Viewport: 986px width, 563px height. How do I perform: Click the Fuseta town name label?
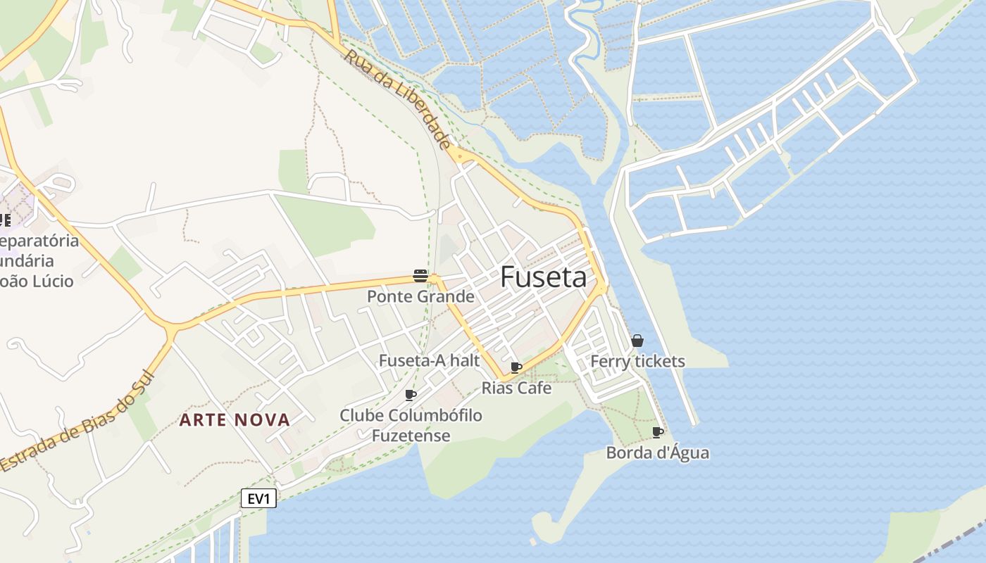point(543,278)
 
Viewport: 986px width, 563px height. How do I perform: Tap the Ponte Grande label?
point(420,296)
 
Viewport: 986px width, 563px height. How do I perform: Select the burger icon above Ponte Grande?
point(420,276)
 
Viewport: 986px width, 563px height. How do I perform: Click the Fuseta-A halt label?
point(429,361)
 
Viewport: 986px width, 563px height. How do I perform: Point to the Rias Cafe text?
point(516,388)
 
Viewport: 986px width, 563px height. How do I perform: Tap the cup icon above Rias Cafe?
point(516,367)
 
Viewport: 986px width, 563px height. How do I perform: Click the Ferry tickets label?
point(637,362)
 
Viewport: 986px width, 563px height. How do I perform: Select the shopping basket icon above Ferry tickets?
point(637,341)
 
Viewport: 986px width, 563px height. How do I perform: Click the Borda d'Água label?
point(657,453)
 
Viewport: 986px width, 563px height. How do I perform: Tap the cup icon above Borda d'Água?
point(658,432)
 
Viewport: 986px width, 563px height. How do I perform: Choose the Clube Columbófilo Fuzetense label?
point(411,425)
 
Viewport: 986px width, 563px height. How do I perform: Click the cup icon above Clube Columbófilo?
point(411,395)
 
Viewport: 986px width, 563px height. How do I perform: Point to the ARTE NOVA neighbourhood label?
point(235,420)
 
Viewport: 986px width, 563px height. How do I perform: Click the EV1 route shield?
point(258,499)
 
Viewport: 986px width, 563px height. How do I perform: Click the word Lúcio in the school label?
point(53,281)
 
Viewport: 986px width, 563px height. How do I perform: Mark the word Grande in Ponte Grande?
point(444,296)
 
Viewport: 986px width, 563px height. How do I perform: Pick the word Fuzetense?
point(411,436)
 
